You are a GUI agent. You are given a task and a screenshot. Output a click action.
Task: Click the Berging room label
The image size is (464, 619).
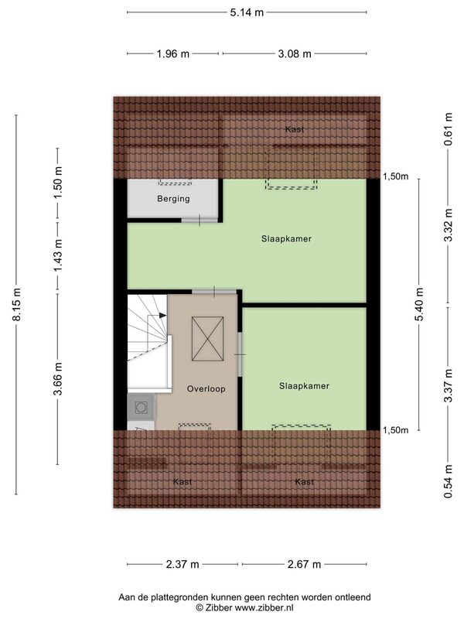point(173,199)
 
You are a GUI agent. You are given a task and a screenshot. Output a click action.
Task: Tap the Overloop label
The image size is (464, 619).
point(206,389)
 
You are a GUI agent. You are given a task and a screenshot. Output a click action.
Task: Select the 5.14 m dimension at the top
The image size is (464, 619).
point(247,12)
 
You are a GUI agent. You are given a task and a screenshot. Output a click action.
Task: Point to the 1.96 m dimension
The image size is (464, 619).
point(172,53)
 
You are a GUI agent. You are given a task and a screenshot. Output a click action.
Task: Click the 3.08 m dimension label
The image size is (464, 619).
point(295,53)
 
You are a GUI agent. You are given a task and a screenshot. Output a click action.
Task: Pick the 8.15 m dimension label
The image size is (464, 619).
point(16,304)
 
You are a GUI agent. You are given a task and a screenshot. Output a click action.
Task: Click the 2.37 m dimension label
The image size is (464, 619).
point(183,565)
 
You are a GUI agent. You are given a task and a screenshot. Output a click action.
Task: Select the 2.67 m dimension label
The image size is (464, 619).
point(304,565)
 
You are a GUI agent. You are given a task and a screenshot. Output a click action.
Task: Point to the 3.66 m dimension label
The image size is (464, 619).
point(58,378)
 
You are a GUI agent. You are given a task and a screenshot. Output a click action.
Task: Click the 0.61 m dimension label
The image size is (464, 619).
point(449,129)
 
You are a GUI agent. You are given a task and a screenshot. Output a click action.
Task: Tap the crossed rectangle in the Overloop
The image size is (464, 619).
point(207,339)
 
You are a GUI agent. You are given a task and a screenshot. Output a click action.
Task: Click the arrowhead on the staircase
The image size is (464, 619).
point(162,315)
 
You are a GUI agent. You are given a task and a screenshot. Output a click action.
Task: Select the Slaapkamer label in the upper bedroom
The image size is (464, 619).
point(286,239)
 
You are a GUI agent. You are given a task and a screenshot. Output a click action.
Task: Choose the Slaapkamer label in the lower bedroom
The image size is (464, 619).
point(304,386)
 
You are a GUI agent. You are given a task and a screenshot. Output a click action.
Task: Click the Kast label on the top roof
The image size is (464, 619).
point(295,129)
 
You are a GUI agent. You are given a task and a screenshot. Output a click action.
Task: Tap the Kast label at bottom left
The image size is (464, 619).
point(183,481)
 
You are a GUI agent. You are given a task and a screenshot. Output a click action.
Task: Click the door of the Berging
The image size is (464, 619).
point(200,221)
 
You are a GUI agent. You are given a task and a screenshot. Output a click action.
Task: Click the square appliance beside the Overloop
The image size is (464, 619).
point(141,407)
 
